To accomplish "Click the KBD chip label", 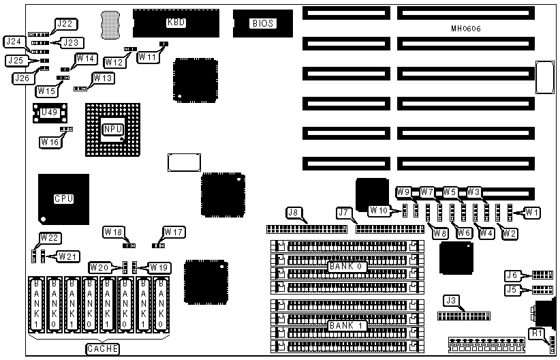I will pyautogui.click(x=176, y=22).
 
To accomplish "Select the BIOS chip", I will pyautogui.click(x=262, y=23).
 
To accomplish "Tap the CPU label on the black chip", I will pyautogui.click(x=63, y=198).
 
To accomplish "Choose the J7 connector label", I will pyautogui.click(x=343, y=213).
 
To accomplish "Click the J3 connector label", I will pyautogui.click(x=450, y=300).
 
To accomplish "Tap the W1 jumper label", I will pyautogui.click(x=533, y=213).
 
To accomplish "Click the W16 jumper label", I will pyautogui.click(x=49, y=142).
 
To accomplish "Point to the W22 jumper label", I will pyautogui.click(x=49, y=237).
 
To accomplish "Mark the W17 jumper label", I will pyautogui.click(x=174, y=232).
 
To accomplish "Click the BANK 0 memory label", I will pyautogui.click(x=347, y=266).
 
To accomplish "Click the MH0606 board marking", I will pyautogui.click(x=465, y=29).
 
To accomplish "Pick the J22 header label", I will pyautogui.click(x=64, y=24).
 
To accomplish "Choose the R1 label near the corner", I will pyautogui.click(x=537, y=333).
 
